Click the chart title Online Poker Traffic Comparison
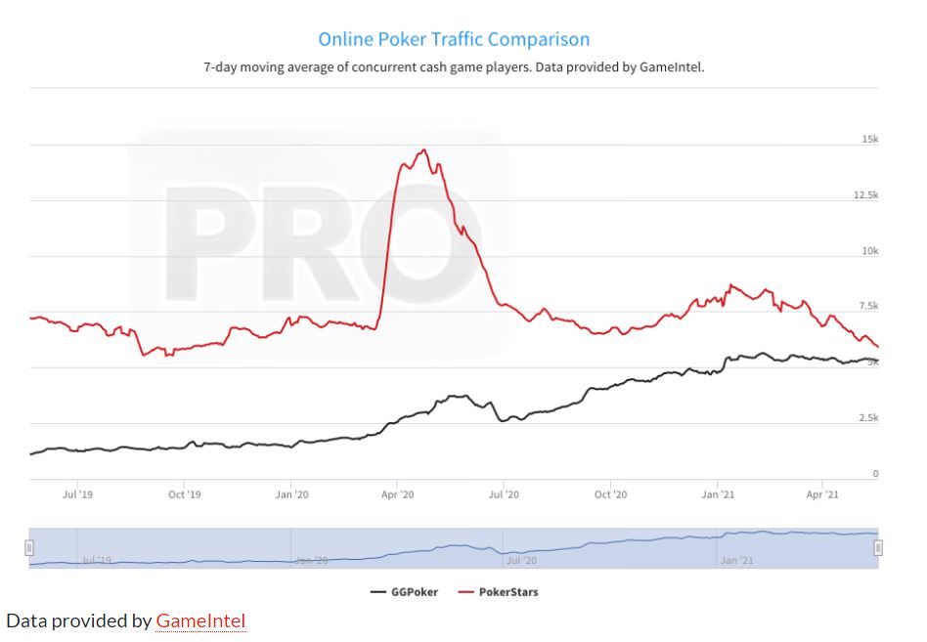tap(454, 40)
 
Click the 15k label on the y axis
tap(869, 140)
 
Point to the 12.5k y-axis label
tap(865, 195)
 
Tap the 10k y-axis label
tap(869, 251)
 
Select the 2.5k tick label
tap(867, 418)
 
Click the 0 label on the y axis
tap(875, 474)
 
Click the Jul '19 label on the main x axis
tap(77, 494)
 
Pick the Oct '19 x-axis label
tap(184, 494)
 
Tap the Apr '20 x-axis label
tap(397, 494)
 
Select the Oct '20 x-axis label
tap(610, 494)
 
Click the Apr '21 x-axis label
tap(822, 494)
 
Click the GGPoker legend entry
tap(405, 592)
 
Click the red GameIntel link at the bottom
tap(200, 621)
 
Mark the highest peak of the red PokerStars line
tap(423, 150)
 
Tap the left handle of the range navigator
tap(29, 547)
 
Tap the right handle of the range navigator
tap(878, 547)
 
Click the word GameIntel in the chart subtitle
tap(671, 67)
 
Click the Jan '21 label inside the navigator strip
tap(736, 561)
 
